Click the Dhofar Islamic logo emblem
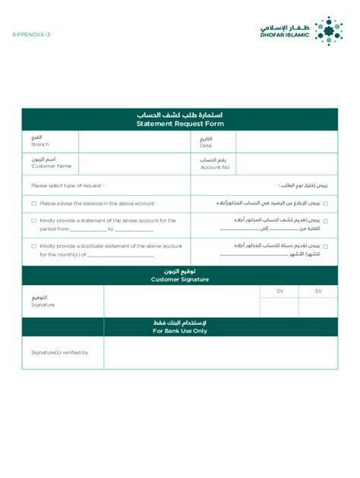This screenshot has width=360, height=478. pos(329,31)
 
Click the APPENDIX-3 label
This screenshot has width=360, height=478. pos(31,35)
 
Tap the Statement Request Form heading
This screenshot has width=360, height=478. pos(180,124)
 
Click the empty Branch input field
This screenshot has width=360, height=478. pos(134,142)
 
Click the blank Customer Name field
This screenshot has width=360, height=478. pos(134,163)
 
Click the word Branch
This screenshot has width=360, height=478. pos(39,145)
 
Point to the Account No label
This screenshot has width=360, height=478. pos(215,167)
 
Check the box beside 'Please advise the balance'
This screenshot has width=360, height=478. pos(34,203)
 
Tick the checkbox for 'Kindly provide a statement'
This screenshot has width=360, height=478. pos(34,221)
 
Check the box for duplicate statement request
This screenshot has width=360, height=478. pos(34,246)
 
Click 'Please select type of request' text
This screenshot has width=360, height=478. pos(68,185)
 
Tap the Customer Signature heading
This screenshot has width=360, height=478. pos(180,279)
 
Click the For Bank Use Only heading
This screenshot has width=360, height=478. pos(180,331)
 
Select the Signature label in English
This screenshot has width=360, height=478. pos(43,305)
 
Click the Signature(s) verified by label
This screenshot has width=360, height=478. pos(59,353)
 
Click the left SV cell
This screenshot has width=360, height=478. pos(279,291)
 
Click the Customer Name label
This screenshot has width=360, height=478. pos(51,166)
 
